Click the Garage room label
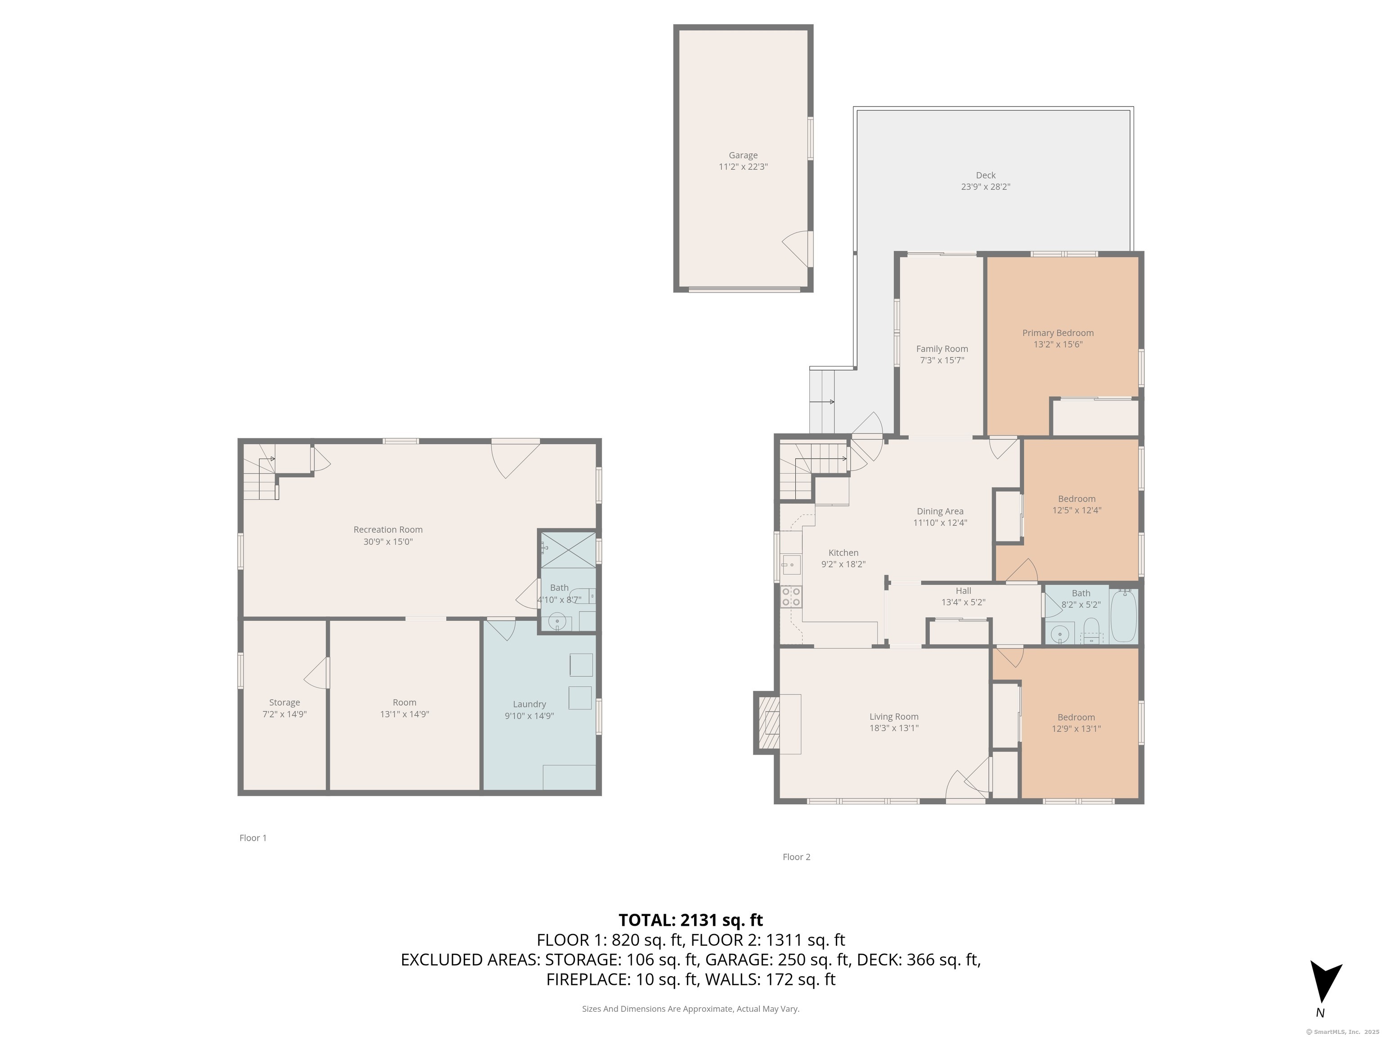pos(743,155)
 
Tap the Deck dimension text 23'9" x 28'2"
pos(985,187)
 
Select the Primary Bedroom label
pos(1058,333)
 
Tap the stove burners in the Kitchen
pos(791,596)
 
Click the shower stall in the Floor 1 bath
pos(568,550)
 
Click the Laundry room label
pos(529,704)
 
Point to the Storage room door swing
pos(317,672)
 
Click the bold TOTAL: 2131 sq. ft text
pos(691,920)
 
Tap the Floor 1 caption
pos(253,838)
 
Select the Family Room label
pos(942,349)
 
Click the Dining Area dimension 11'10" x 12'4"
pos(940,523)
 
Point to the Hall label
pos(964,591)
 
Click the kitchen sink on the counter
pos(790,564)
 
